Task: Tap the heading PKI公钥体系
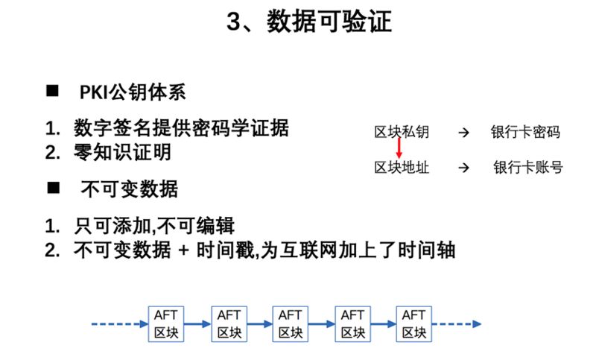coord(133,92)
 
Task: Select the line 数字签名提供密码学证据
coord(181,127)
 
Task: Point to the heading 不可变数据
coord(129,189)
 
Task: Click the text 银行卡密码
coord(525,133)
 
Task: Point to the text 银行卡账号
coord(528,168)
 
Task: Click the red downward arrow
coord(399,150)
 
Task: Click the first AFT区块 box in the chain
coord(167,323)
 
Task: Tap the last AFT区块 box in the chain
coord(413,323)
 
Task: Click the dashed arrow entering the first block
coord(119,324)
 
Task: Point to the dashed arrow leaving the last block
coord(457,324)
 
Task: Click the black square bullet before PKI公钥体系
coord(53,92)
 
